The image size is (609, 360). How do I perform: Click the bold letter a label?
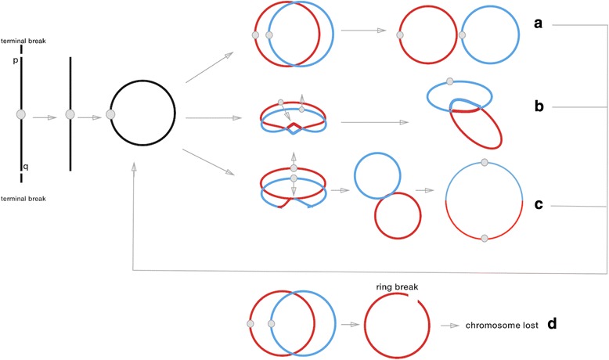click(x=538, y=24)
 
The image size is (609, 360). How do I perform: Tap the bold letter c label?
click(x=539, y=206)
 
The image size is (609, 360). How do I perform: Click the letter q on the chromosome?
click(x=15, y=165)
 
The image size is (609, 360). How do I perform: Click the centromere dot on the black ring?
click(x=110, y=115)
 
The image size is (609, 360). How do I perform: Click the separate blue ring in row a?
click(x=492, y=37)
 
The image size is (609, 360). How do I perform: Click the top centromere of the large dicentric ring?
click(x=485, y=162)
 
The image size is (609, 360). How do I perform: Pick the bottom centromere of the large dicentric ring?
click(x=485, y=237)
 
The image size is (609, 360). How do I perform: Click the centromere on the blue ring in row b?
click(x=449, y=81)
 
